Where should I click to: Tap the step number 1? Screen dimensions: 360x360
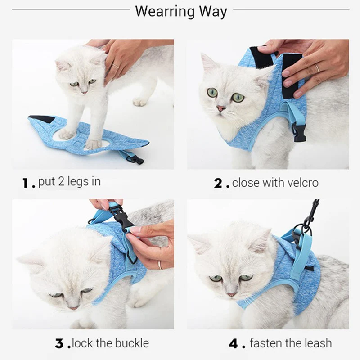[x=26, y=183]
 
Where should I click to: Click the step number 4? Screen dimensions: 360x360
[x=234, y=344]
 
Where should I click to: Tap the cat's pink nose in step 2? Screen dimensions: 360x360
[x=221, y=108]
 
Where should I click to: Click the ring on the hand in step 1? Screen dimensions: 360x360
[x=116, y=66]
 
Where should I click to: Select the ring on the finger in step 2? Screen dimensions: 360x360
[x=317, y=68]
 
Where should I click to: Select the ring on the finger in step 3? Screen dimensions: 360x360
[x=160, y=265]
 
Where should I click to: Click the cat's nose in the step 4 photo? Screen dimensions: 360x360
[x=231, y=294]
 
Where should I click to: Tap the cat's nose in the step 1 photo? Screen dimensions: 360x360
[x=85, y=92]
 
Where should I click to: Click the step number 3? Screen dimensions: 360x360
[x=59, y=344]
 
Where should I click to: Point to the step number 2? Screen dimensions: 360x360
[x=218, y=184]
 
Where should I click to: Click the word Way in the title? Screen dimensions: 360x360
[x=213, y=12]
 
